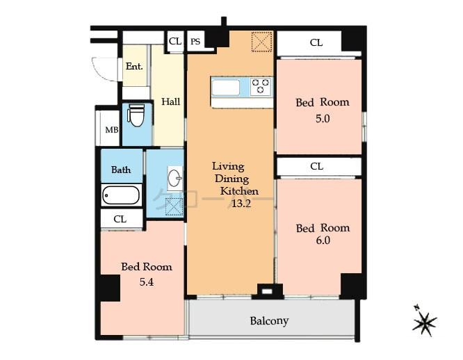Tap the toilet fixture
click(136, 116)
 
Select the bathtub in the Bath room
click(122, 195)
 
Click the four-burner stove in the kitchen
click(261, 86)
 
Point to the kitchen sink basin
click(226, 88)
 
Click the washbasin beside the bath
click(174, 179)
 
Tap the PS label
click(195, 41)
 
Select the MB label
click(111, 130)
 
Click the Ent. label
click(134, 67)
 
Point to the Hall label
click(170, 101)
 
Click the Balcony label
click(269, 320)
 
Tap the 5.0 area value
click(322, 118)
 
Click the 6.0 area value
click(322, 240)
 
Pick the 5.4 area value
click(146, 281)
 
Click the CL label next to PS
click(174, 41)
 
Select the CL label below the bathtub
click(120, 219)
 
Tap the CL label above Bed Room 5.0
click(316, 42)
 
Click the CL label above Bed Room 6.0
click(316, 166)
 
